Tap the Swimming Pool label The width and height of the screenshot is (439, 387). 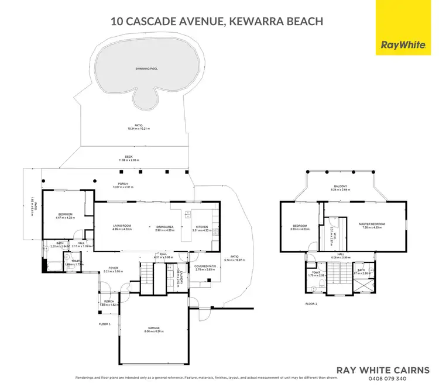[x=146, y=68]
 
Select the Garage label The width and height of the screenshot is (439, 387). [x=154, y=328]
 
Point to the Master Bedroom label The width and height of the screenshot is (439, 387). [x=372, y=224]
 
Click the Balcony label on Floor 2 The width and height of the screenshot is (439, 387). [x=341, y=186]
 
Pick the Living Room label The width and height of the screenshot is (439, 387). [x=122, y=226]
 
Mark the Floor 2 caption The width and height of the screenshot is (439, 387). [x=311, y=304]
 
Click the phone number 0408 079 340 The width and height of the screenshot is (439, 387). [x=389, y=378]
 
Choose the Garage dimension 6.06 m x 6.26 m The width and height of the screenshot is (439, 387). [x=154, y=331]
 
